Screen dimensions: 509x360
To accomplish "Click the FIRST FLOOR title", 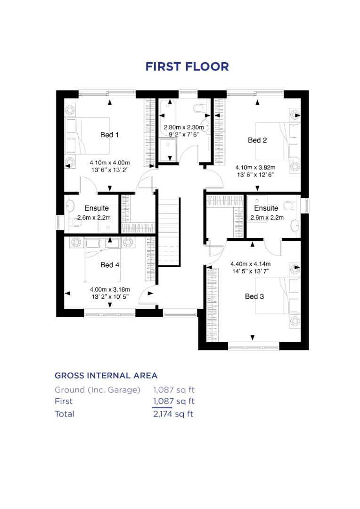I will point(187,66).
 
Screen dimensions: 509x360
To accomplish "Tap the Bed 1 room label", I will point(109,135).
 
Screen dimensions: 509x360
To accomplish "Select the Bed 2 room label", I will point(257,140).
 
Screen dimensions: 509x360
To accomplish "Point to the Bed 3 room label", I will point(254,296).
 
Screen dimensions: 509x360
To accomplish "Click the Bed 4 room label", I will point(110,265).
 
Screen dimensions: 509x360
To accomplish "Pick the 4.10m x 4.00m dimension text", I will point(109,163).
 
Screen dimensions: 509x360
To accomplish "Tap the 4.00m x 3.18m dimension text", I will point(109,289).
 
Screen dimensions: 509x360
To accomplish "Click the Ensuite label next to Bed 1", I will point(97,208).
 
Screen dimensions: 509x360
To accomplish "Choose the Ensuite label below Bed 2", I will point(266,208).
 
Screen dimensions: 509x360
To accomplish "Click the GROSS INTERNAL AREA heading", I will point(106,376).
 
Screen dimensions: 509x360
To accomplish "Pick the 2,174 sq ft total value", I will point(173,414).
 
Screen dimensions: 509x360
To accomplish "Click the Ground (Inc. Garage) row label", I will point(98,390).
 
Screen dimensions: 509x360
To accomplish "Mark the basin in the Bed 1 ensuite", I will point(70,207).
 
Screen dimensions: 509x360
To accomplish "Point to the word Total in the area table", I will point(65,414).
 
